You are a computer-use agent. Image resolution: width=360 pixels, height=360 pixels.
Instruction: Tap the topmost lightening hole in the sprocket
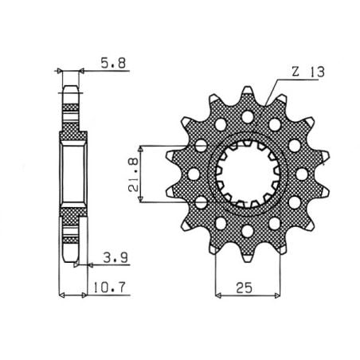247,117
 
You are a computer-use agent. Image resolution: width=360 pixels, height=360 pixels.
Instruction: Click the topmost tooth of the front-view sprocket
247,94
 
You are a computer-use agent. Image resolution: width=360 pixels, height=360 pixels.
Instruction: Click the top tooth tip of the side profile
71,87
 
